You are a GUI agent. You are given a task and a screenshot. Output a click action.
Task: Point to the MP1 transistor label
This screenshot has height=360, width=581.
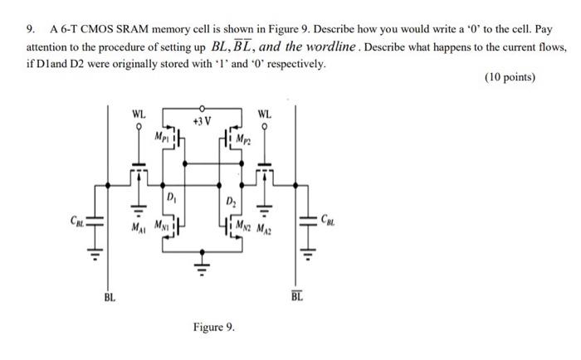point(163,134)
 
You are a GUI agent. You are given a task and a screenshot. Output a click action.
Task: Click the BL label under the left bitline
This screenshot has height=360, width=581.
point(109,295)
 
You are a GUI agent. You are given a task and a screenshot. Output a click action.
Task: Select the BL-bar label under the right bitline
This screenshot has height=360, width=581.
point(297,295)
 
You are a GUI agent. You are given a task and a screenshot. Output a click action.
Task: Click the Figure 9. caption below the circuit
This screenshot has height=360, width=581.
point(213,327)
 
